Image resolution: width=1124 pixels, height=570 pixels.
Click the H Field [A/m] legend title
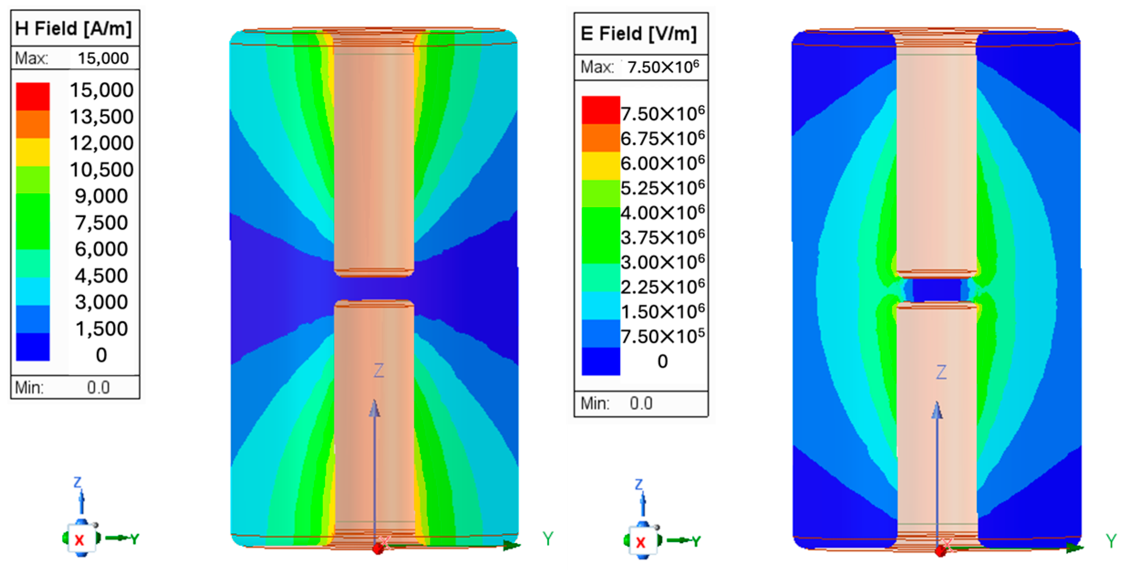click(x=73, y=28)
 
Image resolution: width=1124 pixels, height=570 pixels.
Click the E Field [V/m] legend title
click(x=639, y=34)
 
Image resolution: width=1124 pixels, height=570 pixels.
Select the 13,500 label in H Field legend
click(x=102, y=117)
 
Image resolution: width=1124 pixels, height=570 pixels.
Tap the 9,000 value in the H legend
click(x=102, y=196)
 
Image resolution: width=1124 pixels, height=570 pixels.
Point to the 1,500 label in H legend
click(x=102, y=329)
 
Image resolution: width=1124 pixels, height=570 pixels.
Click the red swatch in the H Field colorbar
click(x=33, y=96)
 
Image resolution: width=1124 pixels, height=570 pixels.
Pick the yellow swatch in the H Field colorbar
click(x=33, y=152)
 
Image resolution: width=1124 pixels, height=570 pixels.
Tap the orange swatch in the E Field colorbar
click(x=601, y=138)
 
